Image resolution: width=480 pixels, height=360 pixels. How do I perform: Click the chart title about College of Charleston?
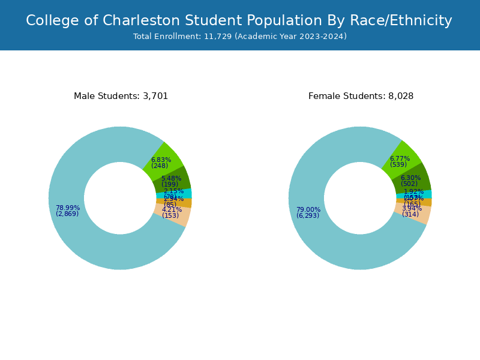point(239,20)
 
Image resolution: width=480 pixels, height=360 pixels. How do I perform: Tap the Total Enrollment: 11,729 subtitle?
point(240,37)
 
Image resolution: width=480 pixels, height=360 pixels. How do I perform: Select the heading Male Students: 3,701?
point(121,96)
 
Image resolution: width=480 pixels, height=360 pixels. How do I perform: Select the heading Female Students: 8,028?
point(361,96)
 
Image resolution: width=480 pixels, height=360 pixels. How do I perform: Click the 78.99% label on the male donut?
point(68,208)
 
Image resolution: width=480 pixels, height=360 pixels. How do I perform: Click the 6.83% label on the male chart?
point(161,160)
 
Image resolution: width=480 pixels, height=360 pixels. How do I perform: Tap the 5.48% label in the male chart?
point(171,179)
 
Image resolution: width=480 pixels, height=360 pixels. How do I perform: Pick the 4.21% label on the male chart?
point(172,210)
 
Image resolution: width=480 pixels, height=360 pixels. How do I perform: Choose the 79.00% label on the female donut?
point(308,210)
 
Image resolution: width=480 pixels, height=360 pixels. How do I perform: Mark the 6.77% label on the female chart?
point(400,159)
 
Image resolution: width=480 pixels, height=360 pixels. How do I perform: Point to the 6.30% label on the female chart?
point(410,178)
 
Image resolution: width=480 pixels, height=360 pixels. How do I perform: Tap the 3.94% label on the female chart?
point(412,209)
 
